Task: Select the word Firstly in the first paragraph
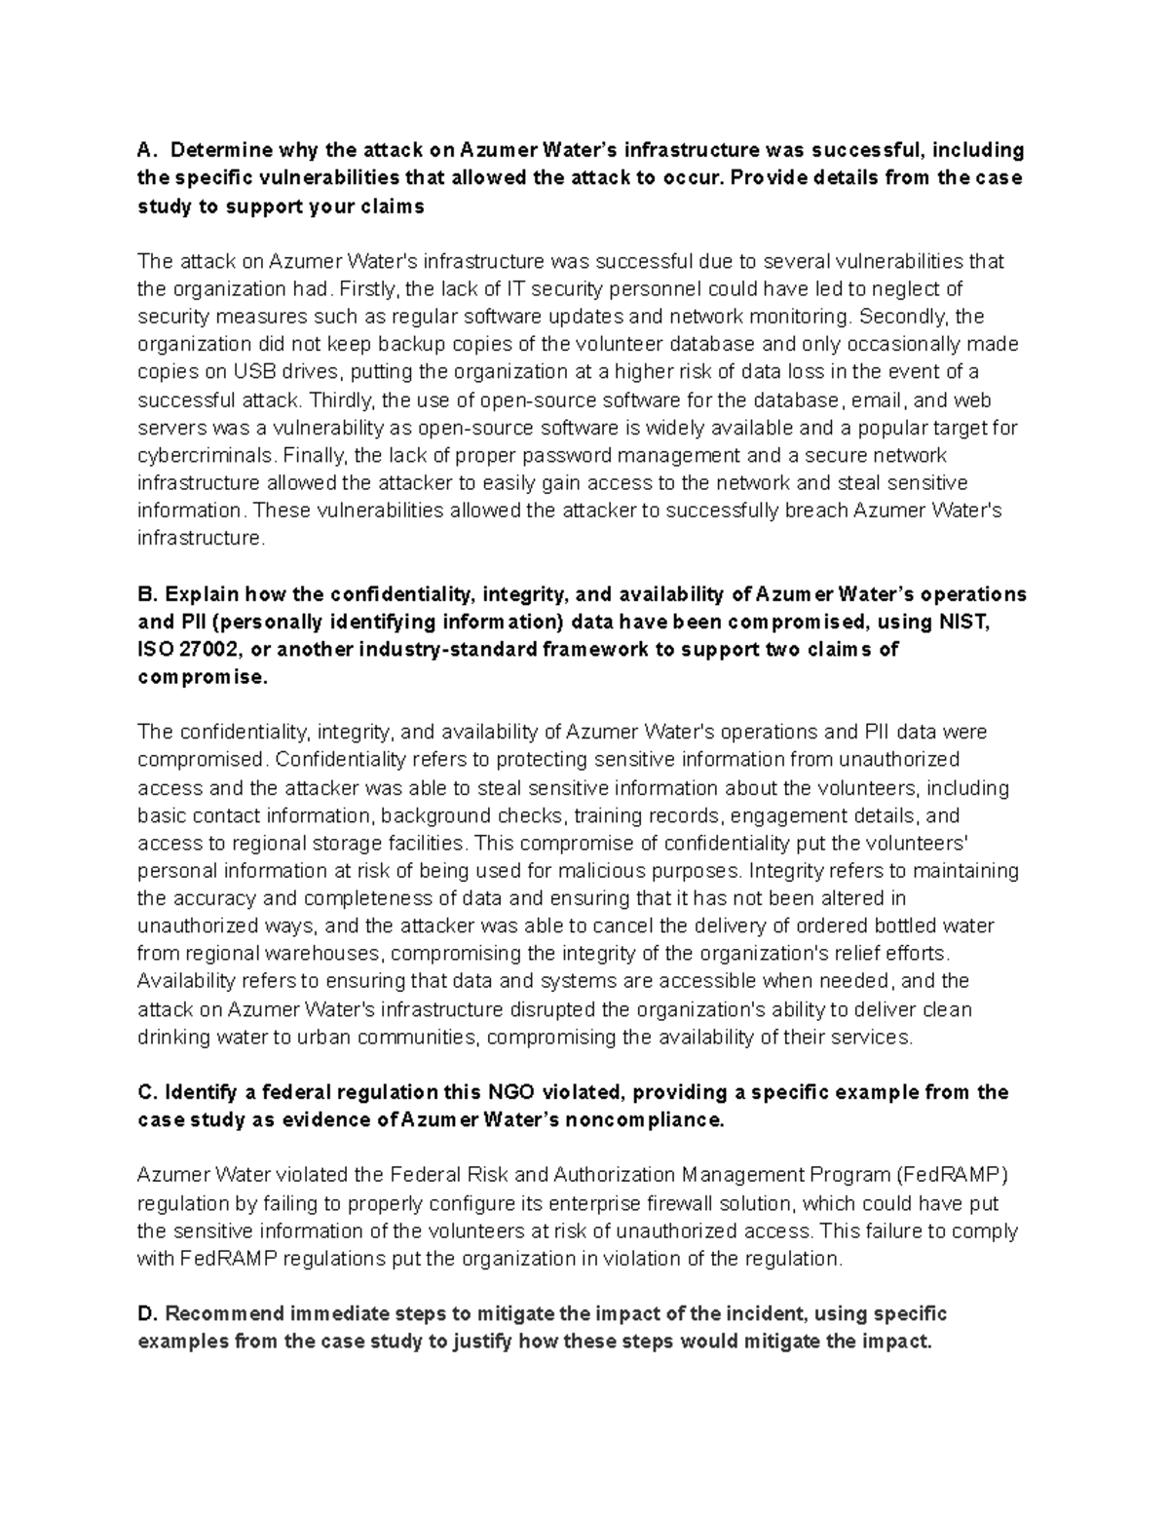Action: coord(369,288)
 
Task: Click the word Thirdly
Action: coord(343,400)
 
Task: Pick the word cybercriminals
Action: coord(205,456)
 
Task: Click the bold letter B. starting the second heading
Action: coord(147,594)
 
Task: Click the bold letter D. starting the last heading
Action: coord(147,1313)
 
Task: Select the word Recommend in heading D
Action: coord(216,1313)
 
